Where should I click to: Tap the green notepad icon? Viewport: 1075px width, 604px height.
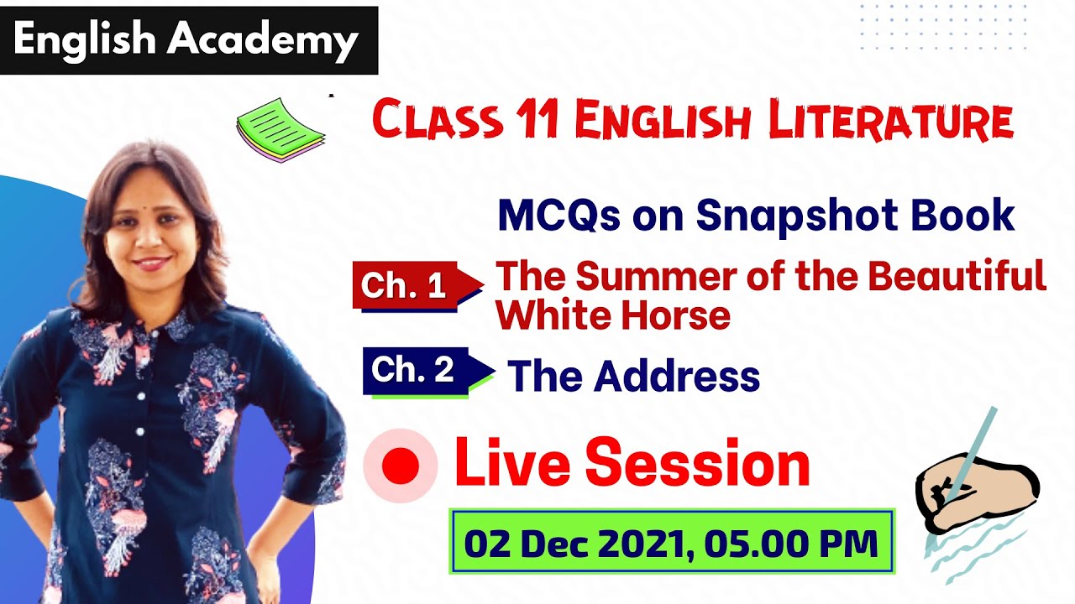279,130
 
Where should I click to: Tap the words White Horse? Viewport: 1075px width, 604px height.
613,315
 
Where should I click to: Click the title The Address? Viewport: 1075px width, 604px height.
633,376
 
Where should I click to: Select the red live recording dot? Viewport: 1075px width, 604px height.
400,467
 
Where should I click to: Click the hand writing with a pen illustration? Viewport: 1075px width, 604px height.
974,495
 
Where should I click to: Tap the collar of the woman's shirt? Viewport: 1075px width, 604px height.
151,323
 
